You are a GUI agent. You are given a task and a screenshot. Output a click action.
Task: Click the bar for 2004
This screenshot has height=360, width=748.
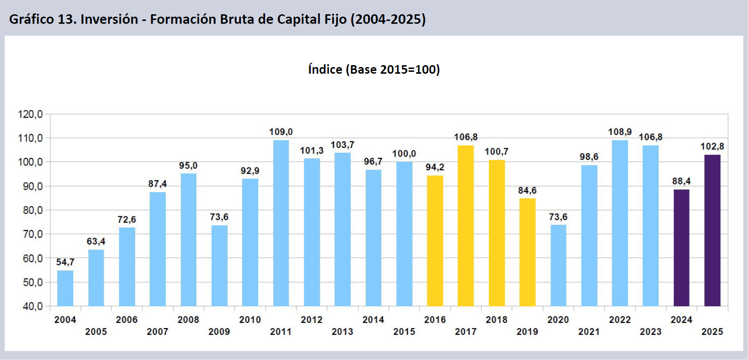coord(65,288)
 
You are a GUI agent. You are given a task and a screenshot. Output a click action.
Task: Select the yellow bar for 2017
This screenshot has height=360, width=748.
coord(465,226)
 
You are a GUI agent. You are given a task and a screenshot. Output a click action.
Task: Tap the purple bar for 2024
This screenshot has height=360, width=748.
coord(681,248)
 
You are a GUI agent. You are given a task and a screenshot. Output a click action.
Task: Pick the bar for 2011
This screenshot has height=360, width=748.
coord(281,223)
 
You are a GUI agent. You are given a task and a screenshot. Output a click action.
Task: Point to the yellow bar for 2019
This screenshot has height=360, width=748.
coord(527,252)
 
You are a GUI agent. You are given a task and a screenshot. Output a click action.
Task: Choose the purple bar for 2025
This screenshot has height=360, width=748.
coord(712,231)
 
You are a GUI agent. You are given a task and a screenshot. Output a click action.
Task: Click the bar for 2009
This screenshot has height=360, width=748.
coord(219,265)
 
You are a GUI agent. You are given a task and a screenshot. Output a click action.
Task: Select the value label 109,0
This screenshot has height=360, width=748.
coord(281,132)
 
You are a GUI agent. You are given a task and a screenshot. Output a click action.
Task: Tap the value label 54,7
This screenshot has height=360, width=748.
coord(65,262)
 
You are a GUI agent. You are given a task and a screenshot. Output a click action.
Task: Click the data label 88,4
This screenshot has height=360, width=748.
coord(681,181)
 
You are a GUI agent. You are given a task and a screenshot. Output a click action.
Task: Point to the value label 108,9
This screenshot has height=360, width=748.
coord(620,132)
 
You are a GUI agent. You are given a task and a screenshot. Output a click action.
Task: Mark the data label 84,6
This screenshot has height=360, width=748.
coord(527,191)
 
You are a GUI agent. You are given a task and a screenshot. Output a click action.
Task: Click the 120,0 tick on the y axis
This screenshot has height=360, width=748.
coord(30,115)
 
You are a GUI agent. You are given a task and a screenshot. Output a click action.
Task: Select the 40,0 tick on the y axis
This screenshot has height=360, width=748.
coord(33,306)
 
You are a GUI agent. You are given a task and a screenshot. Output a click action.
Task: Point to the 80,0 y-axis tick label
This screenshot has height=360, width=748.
coord(33,210)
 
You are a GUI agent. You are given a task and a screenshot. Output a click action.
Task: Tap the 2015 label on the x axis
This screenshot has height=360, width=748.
coord(404,331)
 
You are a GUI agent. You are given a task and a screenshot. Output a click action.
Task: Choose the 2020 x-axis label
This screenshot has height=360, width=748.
coord(558,320)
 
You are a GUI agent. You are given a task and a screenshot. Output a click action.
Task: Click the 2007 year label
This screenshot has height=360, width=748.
coord(157,331)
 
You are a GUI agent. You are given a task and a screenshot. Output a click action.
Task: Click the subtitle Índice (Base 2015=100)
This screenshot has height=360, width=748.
coord(374,70)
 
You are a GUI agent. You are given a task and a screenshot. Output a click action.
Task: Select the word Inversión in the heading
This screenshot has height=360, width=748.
coord(109,19)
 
